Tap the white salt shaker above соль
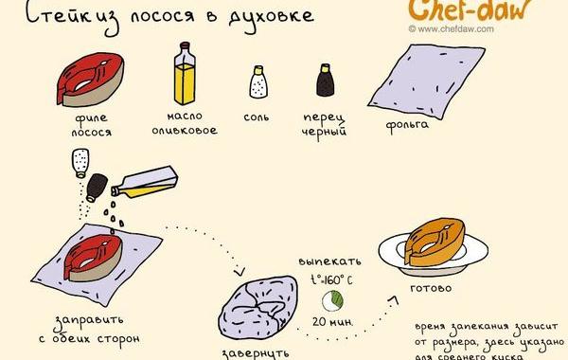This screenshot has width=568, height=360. coord(257,83)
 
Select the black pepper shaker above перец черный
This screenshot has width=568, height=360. coord(327,82)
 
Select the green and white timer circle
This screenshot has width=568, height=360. coord(333,300)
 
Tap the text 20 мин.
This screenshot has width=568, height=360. coord(332,322)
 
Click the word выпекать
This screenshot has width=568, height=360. coord(329,258)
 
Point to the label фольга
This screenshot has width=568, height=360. coord(408,124)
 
